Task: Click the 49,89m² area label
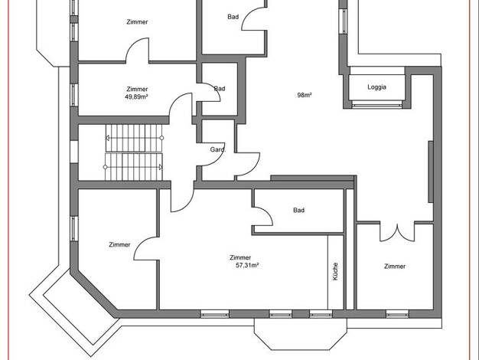pyautogui.click(x=136, y=97)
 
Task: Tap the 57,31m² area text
pyautogui.click(x=247, y=265)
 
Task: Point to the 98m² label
pyautogui.click(x=305, y=95)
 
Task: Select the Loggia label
pyautogui.click(x=376, y=87)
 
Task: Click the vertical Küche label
pyautogui.click(x=335, y=271)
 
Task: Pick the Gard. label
pyautogui.click(x=218, y=150)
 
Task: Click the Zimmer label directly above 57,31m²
pyautogui.click(x=240, y=257)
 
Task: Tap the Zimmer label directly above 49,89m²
pyautogui.click(x=137, y=89)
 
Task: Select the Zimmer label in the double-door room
pyautogui.click(x=395, y=267)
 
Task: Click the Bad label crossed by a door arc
pyautogui.click(x=220, y=89)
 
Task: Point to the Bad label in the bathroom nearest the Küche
pyautogui.click(x=298, y=210)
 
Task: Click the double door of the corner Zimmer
pyautogui.click(x=397, y=233)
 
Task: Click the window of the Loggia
pyautogui.click(x=376, y=105)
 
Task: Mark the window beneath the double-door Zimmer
pyautogui.click(x=397, y=314)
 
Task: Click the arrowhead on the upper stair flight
pyautogui.click(x=108, y=138)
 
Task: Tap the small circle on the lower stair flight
pyautogui.click(x=106, y=167)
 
